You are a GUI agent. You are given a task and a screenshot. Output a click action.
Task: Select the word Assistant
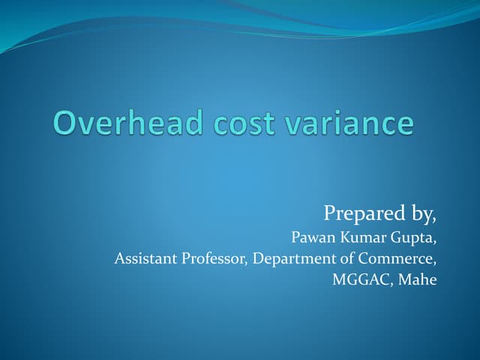(x=144, y=259)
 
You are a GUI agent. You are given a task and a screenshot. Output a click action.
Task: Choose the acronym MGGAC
(x=357, y=280)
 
